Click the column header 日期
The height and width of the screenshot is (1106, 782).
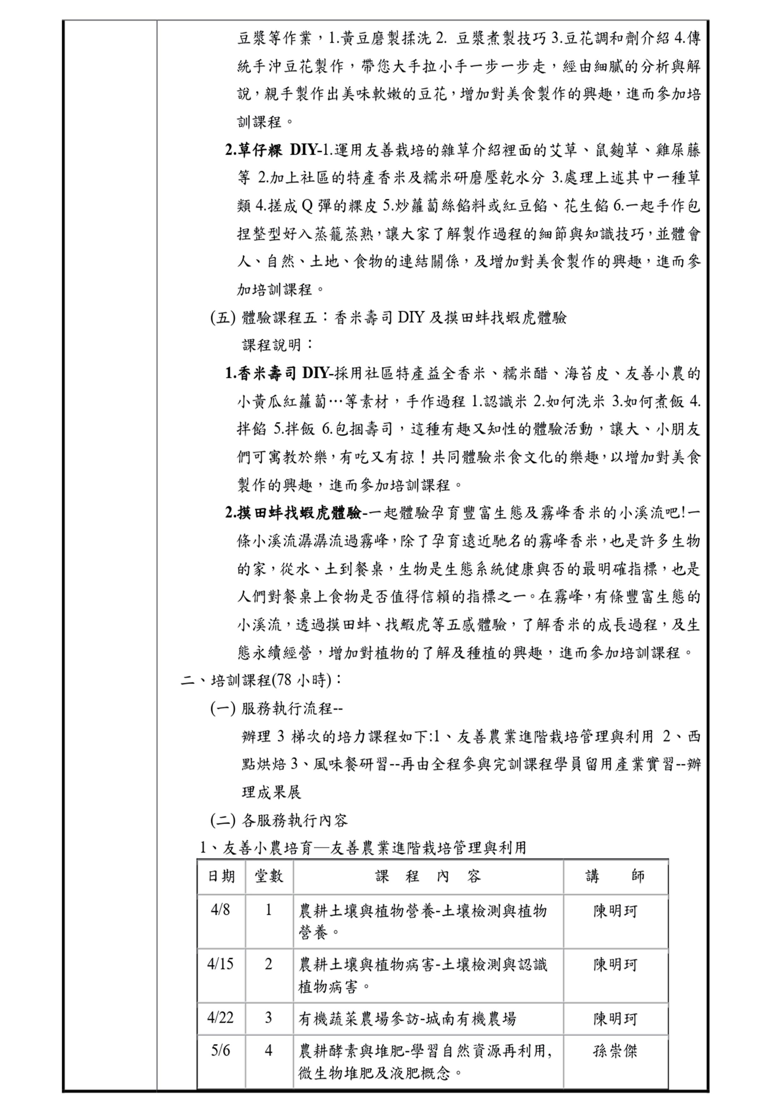221,876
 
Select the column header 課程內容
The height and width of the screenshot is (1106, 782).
428,876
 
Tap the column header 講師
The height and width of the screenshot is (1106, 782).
615,876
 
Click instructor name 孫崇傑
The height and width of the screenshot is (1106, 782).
615,1051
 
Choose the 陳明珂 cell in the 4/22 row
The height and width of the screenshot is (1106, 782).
615,1018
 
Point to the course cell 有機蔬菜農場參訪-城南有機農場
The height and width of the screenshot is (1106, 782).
407,1018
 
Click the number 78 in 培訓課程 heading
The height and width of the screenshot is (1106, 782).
284,681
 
